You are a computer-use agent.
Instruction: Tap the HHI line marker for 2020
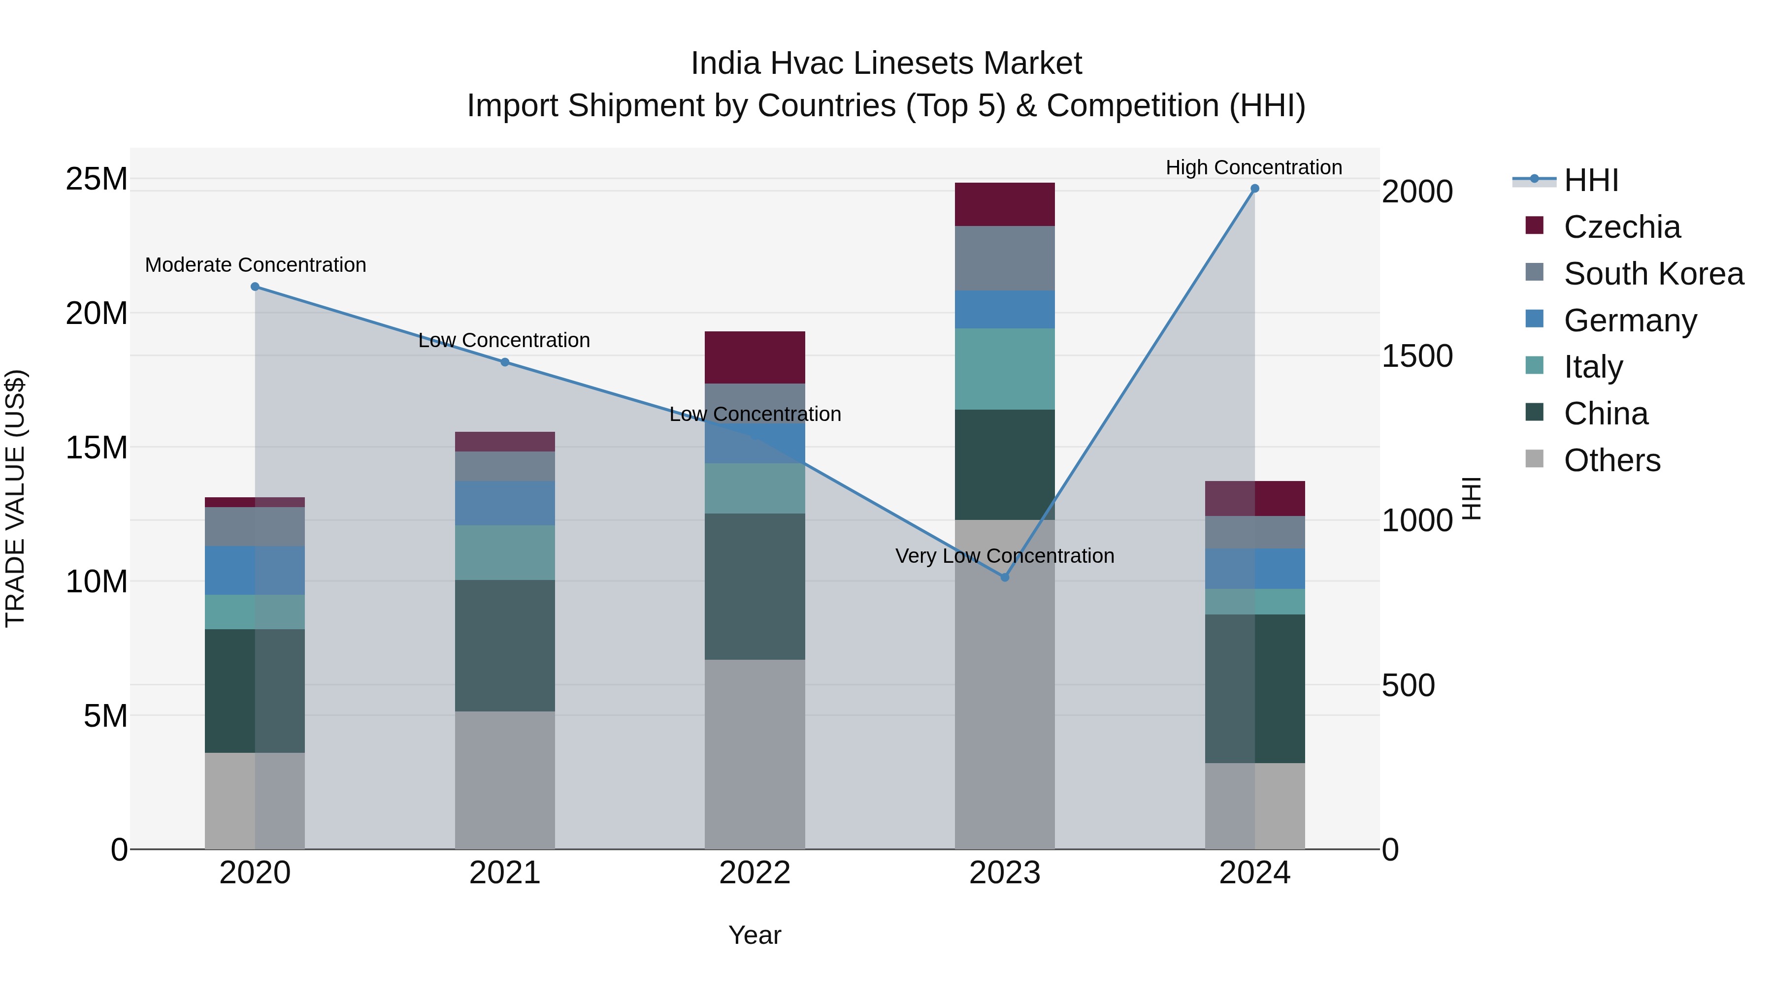tap(255, 286)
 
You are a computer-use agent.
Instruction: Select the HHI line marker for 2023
tap(1004, 578)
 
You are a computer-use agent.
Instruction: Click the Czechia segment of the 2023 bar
tap(1004, 204)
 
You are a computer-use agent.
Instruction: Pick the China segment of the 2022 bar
tap(755, 586)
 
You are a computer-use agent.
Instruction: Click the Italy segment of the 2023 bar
tap(1004, 369)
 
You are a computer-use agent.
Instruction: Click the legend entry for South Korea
tap(1653, 274)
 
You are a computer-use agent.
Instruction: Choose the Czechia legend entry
tap(1622, 227)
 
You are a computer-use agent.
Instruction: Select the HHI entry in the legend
tap(1591, 180)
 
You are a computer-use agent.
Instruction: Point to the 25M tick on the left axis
tap(97, 179)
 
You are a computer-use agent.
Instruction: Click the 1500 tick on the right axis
tap(1417, 356)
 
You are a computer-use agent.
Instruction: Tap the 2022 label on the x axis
tap(755, 873)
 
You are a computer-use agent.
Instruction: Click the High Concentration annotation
tap(1253, 167)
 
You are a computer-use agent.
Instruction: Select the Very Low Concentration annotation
tap(1004, 556)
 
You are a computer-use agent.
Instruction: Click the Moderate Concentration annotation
tap(255, 265)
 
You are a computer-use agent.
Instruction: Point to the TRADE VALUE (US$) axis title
tap(15, 498)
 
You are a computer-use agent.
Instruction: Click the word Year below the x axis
tap(755, 935)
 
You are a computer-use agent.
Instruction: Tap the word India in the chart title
tap(725, 64)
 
